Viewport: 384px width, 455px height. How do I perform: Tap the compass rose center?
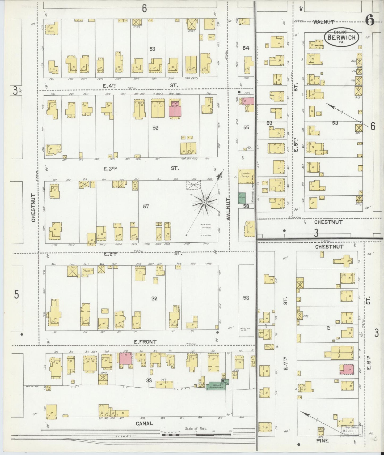(205, 203)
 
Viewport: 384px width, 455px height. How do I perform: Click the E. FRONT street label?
(145, 342)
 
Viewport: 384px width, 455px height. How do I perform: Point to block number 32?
(154, 298)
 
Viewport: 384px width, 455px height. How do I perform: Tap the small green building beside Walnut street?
(242, 198)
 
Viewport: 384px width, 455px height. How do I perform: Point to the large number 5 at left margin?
(16, 295)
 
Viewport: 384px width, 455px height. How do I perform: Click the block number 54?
(246, 48)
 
